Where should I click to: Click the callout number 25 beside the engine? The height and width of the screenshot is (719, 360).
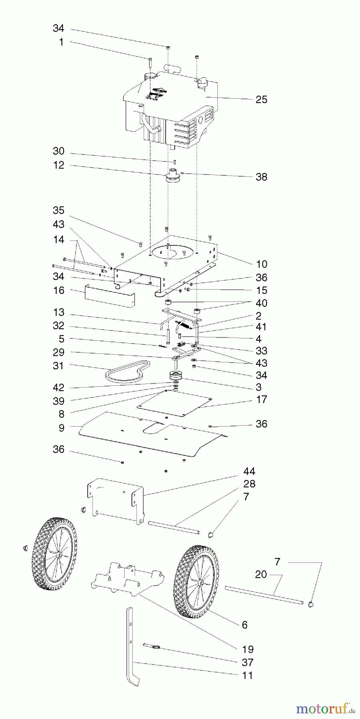261,99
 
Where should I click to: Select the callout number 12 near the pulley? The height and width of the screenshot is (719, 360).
59,165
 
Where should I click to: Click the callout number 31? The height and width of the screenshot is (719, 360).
59,365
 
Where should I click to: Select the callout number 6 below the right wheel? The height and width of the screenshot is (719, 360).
245,625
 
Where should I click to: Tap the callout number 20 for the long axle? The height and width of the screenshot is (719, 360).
261,574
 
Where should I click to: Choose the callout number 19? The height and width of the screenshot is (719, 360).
248,649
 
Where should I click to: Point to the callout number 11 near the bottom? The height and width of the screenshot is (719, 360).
248,675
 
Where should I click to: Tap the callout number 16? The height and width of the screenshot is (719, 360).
59,290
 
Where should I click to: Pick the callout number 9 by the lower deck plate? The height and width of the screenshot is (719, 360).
61,428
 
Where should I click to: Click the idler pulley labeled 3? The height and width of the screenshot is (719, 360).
175,376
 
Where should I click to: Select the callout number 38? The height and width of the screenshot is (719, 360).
261,177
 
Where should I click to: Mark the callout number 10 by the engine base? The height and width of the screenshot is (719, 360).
262,264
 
